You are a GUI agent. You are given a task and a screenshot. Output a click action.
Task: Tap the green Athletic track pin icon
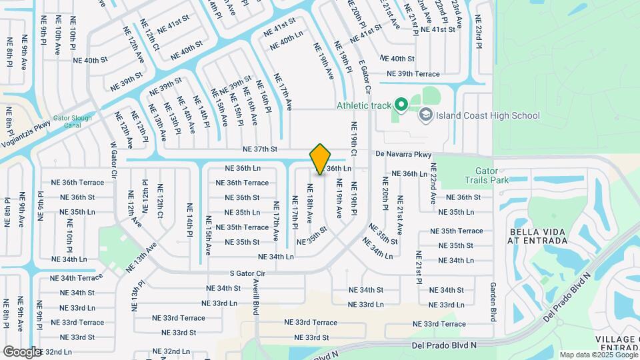point(401,105)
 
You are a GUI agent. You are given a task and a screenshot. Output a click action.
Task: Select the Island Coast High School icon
point(425,115)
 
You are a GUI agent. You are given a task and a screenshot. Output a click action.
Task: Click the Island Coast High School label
point(488,115)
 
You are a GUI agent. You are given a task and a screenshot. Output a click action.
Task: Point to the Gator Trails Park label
point(485,175)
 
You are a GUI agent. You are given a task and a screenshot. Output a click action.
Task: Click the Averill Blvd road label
point(255,297)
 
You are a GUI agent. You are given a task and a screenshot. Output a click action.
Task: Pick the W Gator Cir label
point(113,159)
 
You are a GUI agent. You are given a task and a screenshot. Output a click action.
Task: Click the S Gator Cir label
point(247,273)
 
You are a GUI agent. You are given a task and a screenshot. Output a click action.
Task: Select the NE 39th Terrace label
point(413,74)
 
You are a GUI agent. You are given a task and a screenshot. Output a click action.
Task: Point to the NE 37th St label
point(259,149)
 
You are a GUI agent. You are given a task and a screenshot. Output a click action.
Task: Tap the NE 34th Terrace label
point(77,278)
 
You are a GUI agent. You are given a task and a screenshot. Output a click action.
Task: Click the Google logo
point(23,351)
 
